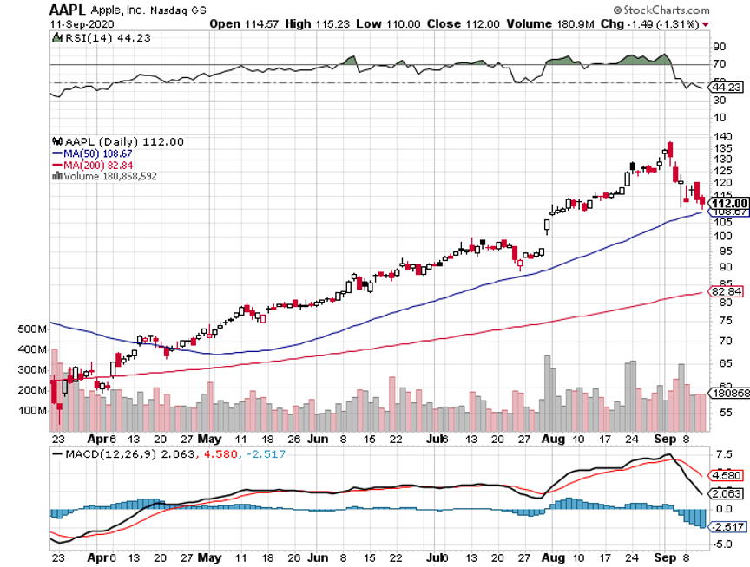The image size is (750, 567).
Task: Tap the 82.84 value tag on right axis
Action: point(727,291)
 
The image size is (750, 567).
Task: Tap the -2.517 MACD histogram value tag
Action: point(728,527)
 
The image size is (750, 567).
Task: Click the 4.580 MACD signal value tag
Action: point(727,475)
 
